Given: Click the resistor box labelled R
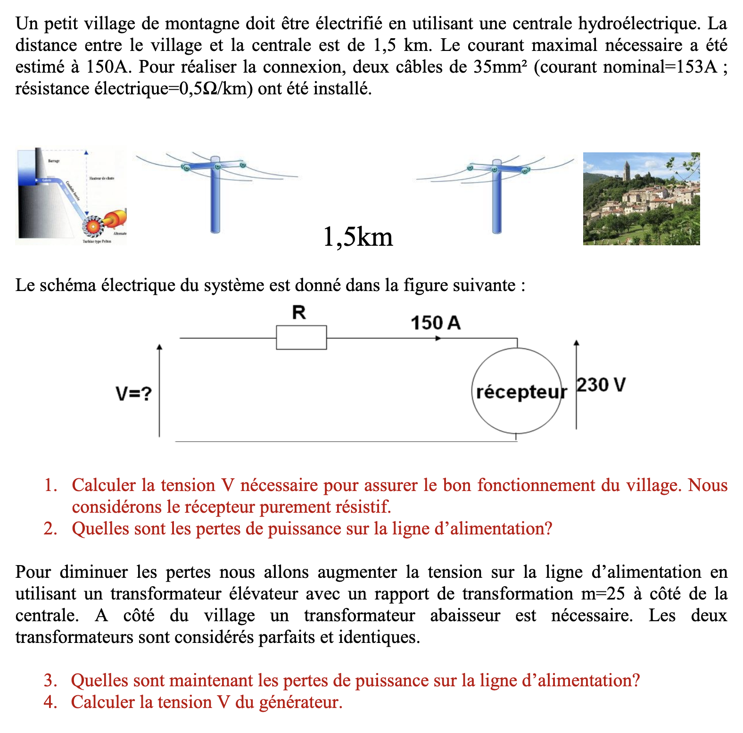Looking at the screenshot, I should pyautogui.click(x=301, y=337).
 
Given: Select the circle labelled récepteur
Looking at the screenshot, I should pyautogui.click(x=517, y=391).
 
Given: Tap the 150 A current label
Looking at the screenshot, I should pyautogui.click(x=435, y=323).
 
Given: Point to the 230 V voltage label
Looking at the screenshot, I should pyautogui.click(x=601, y=385).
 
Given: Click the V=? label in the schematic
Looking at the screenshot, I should pyautogui.click(x=134, y=393).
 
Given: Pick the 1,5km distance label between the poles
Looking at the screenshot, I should pyautogui.click(x=358, y=237).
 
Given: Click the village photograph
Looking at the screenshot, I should pyautogui.click(x=641, y=199).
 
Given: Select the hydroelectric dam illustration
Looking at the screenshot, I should pyautogui.click(x=71, y=196).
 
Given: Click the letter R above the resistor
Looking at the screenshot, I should pyautogui.click(x=299, y=312).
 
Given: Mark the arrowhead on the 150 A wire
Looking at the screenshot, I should pyautogui.click(x=438, y=338).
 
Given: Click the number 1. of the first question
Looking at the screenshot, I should pyautogui.click(x=50, y=485).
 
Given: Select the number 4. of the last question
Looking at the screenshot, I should pyautogui.click(x=50, y=702).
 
